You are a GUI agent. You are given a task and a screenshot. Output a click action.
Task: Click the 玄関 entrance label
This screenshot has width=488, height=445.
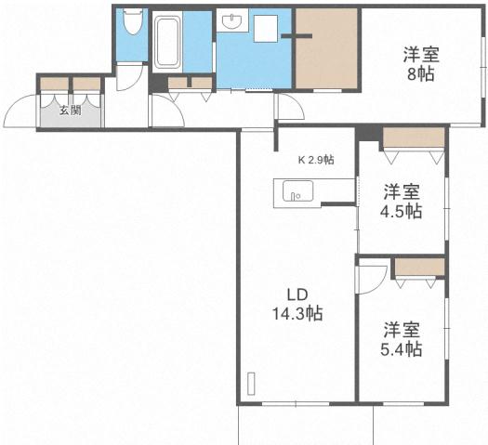[69, 111]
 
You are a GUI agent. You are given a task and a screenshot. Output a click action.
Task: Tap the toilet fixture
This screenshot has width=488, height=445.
[132, 21]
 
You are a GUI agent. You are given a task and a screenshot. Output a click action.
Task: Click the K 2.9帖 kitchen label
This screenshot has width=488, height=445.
[315, 160]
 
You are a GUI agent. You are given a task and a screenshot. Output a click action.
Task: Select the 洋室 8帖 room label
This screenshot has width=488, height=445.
[420, 64]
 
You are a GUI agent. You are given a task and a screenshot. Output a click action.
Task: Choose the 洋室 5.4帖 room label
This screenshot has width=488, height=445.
[403, 339]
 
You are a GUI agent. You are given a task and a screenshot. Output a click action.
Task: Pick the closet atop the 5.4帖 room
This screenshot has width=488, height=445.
[419, 267]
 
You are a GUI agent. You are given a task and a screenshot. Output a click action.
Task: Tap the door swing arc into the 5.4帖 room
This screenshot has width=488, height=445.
[372, 277]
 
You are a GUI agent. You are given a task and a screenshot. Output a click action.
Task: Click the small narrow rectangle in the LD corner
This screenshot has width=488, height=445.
[251, 384]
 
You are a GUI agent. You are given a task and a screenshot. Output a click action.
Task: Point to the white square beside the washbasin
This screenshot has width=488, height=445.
[266, 28]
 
